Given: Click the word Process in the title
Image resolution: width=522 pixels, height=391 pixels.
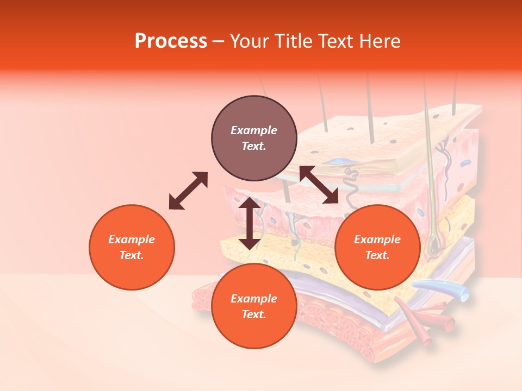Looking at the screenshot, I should point(171,41).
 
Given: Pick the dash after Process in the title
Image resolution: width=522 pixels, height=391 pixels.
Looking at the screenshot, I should point(218,42).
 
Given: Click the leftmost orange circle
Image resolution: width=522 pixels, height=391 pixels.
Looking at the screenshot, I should point(132,247).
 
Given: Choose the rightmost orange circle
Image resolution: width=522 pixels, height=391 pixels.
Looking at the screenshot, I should point(377,247).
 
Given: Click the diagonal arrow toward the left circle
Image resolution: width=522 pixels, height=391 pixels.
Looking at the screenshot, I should point(188,191).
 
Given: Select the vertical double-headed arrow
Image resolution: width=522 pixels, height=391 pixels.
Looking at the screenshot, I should point(249,223).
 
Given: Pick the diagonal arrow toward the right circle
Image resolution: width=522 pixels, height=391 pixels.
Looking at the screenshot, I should point(319,185).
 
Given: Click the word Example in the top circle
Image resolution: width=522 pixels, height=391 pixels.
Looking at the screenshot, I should point(254,130).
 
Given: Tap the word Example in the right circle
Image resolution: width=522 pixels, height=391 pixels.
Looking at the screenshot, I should point(377,239).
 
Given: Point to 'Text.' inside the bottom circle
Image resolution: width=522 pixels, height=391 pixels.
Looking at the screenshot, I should point(254,314).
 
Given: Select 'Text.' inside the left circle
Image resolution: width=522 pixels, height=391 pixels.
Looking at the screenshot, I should point(132,255).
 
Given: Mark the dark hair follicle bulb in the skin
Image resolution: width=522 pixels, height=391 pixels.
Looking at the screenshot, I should point(434,248).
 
